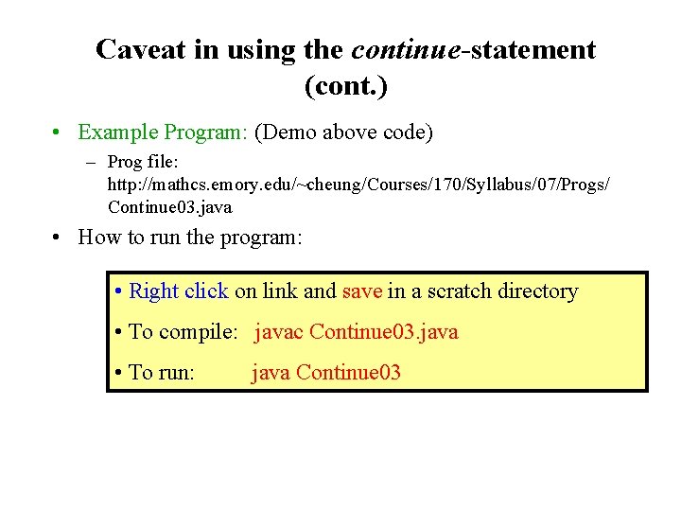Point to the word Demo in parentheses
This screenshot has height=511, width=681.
point(290,132)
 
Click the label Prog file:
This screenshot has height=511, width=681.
point(147,162)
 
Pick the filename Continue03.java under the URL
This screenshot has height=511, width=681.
point(169,206)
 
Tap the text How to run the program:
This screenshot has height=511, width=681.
point(190,237)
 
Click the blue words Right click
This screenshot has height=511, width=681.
point(179,291)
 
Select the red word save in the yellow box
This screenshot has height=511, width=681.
point(362,291)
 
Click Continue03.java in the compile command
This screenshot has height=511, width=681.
point(384,332)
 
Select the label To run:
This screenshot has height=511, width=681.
point(162,373)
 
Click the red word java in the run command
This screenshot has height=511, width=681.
point(271,373)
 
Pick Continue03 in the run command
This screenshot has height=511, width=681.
point(349,373)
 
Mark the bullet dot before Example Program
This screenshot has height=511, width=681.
point(58,132)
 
